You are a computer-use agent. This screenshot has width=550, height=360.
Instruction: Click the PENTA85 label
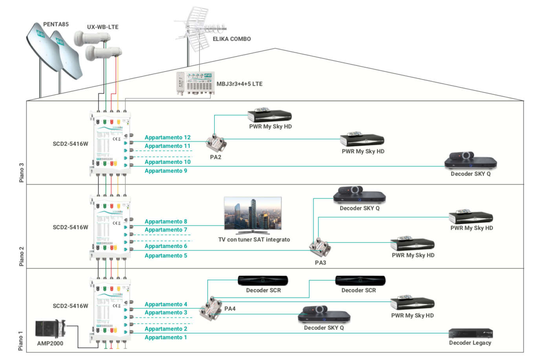pos(56,24)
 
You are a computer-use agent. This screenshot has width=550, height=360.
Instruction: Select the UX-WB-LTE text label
pos(103,27)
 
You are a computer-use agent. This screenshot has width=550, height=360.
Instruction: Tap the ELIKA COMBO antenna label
pos(231,39)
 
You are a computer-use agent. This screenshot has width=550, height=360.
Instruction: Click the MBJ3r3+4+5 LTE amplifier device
pos(194,83)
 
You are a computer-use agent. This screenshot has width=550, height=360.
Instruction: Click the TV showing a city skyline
pos(253,214)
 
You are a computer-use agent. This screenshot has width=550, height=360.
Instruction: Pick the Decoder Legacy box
pos(470,333)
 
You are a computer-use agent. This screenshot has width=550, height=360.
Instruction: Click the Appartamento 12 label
pos(167,138)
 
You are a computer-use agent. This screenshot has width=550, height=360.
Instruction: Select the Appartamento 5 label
pos(166,255)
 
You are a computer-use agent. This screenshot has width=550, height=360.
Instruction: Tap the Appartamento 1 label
pos(166,337)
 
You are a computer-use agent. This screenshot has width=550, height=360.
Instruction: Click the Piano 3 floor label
pos(22,173)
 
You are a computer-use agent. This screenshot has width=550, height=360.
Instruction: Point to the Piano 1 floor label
pos(20,340)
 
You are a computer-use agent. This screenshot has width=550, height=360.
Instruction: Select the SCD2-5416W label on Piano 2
pos(70,227)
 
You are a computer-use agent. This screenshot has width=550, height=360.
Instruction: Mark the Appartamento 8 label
pos(166,222)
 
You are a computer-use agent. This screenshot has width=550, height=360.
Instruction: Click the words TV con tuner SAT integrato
pos(254,239)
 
